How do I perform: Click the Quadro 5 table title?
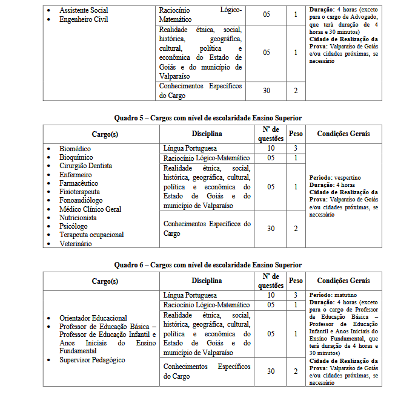tap(208, 117)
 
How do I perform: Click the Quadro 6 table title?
tap(208, 265)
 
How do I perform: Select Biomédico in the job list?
tap(75, 148)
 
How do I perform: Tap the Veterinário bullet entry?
tap(76, 243)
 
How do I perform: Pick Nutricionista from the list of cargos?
tap(78, 217)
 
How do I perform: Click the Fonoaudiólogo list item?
tap(81, 200)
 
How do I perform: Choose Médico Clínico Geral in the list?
tap(90, 209)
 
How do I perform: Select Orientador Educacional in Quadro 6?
tap(93, 318)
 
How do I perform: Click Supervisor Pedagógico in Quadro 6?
tap(92, 360)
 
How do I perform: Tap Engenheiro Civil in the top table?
tap(84, 19)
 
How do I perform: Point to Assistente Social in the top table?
tap(83, 11)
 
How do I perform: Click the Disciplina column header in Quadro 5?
tap(207, 133)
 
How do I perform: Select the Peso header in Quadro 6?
tap(296, 281)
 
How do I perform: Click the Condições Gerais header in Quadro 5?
tap(343, 133)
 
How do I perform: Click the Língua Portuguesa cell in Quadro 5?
tap(190, 148)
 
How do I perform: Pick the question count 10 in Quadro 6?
tap(271, 295)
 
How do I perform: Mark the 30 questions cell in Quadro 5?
tap(271, 228)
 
